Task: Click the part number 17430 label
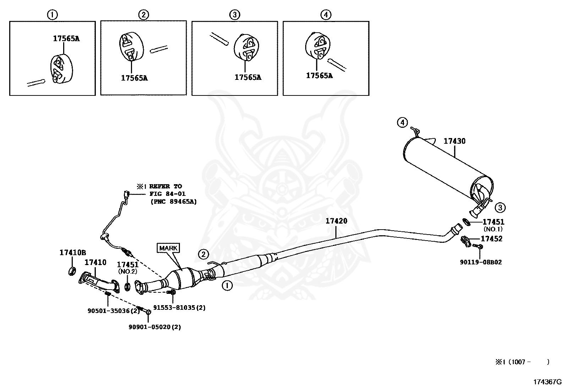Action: pos(454,141)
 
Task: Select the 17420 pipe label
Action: pos(336,221)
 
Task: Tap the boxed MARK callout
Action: pos(168,248)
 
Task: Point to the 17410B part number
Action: pos(72,253)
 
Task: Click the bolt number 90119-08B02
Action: pos(481,263)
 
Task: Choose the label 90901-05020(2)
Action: pos(154,327)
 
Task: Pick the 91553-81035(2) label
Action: pos(179,308)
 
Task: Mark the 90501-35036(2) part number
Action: pos(114,311)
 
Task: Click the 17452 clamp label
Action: pos(492,239)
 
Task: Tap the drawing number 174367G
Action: pos(548,382)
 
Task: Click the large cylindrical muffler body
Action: pos(444,167)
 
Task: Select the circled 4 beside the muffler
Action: pos(402,123)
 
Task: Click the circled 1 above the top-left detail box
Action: pos(52,15)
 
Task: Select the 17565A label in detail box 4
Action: pos(319,76)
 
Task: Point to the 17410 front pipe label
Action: pos(95,263)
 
